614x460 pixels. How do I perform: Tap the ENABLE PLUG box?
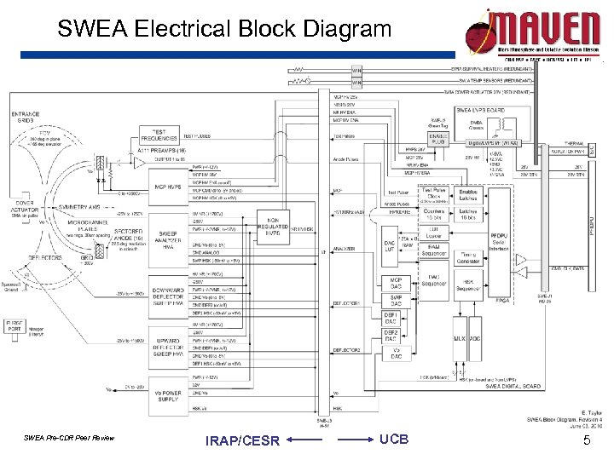(439, 137)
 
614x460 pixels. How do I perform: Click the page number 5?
(586, 440)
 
